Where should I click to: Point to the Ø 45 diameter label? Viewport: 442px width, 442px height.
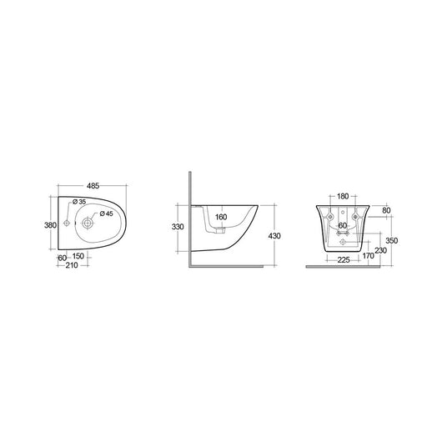tap(104, 213)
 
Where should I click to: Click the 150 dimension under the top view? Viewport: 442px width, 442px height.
tap(78, 257)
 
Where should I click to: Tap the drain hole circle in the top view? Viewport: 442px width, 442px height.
tap(88, 223)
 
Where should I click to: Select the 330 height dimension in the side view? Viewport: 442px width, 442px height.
tap(178, 226)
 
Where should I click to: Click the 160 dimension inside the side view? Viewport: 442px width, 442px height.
tap(221, 218)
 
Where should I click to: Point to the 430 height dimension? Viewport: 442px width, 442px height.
tap(275, 236)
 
